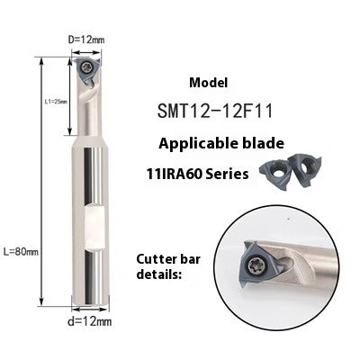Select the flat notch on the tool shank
tap(93, 219)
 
